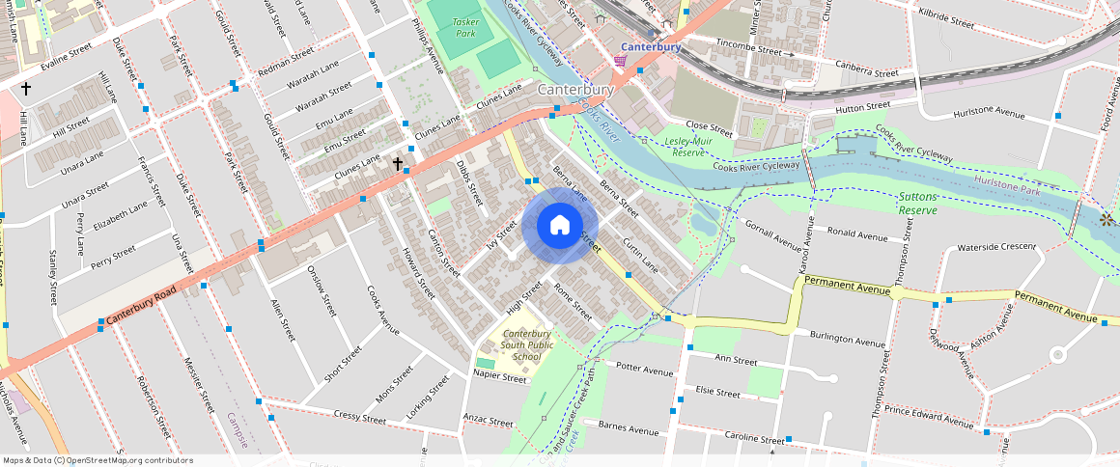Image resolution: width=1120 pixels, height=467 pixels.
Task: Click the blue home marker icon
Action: (560, 226)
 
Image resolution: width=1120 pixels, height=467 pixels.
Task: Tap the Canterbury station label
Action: (651, 46)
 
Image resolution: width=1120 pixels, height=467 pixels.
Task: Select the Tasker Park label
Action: (465, 27)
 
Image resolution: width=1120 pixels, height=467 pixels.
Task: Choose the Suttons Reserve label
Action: (917, 203)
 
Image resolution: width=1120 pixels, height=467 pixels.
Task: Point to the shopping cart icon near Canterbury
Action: (620, 61)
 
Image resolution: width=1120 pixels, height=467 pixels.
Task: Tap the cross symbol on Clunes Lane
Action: (397, 164)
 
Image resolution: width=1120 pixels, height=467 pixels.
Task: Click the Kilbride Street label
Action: (946, 18)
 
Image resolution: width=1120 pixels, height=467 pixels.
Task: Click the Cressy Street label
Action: (358, 415)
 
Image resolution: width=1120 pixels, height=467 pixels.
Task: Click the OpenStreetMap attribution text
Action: (97, 461)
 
